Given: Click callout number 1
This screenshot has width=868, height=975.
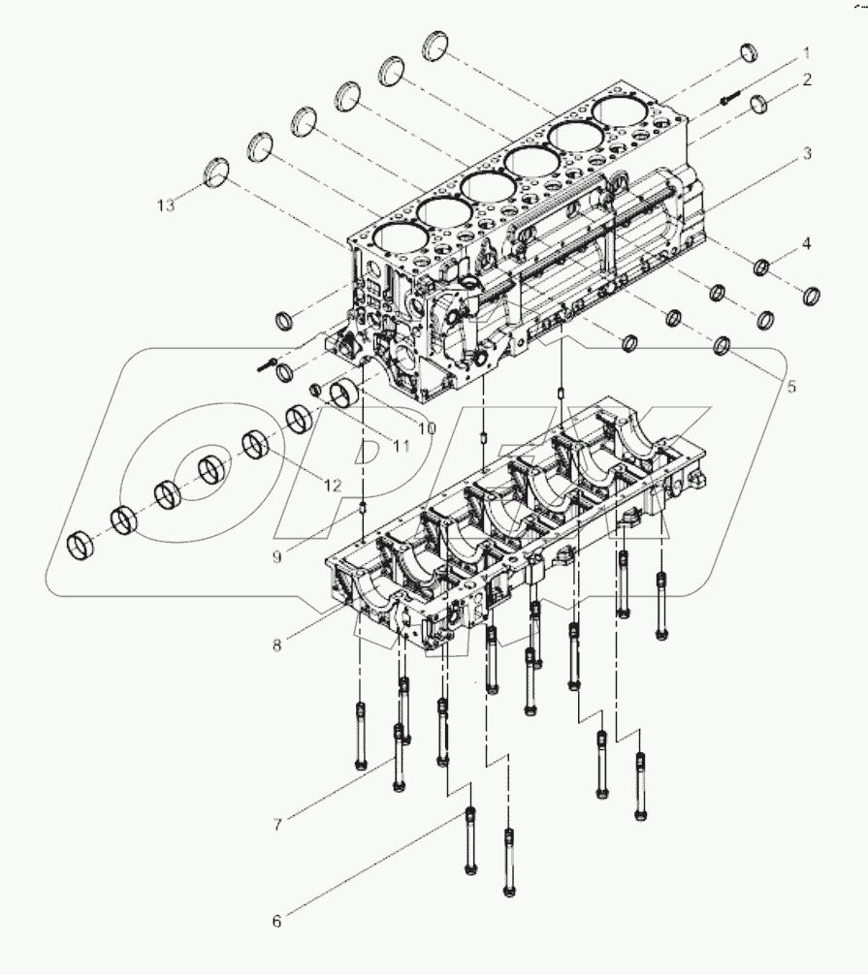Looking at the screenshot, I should click(x=806, y=50).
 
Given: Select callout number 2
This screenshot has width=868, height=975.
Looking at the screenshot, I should click(x=806, y=79).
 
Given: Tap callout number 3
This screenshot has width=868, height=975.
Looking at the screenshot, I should click(x=806, y=154).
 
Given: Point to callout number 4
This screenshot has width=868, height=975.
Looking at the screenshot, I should click(x=806, y=242).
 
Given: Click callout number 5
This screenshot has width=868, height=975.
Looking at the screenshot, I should click(x=790, y=386).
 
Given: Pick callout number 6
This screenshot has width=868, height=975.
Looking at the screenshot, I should click(x=276, y=921).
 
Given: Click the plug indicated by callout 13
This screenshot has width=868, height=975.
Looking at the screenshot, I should click(x=219, y=171).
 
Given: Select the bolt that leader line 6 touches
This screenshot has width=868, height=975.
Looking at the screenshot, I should click(x=470, y=839).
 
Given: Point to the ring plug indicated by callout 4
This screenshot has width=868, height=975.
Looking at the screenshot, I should click(x=763, y=266).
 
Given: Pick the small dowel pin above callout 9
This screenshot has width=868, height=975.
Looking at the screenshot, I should click(x=364, y=506).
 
